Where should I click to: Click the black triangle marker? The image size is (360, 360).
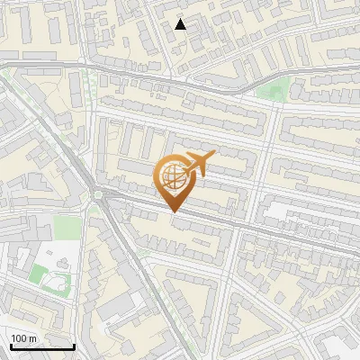[x=181, y=24]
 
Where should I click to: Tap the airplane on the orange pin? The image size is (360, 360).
[x=197, y=165]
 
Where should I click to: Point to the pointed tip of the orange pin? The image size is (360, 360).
[x=174, y=212]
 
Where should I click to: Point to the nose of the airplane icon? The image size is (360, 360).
[x=215, y=156]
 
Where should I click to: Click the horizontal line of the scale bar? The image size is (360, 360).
[x=42, y=347]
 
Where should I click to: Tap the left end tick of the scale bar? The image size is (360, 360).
[x=11, y=345]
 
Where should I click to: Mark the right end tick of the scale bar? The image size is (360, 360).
[x=74, y=345]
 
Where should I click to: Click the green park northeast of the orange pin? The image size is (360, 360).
[x=276, y=89]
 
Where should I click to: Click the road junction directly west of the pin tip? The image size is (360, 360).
[x=97, y=194]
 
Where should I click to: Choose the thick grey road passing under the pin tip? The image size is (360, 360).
[x=216, y=220]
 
